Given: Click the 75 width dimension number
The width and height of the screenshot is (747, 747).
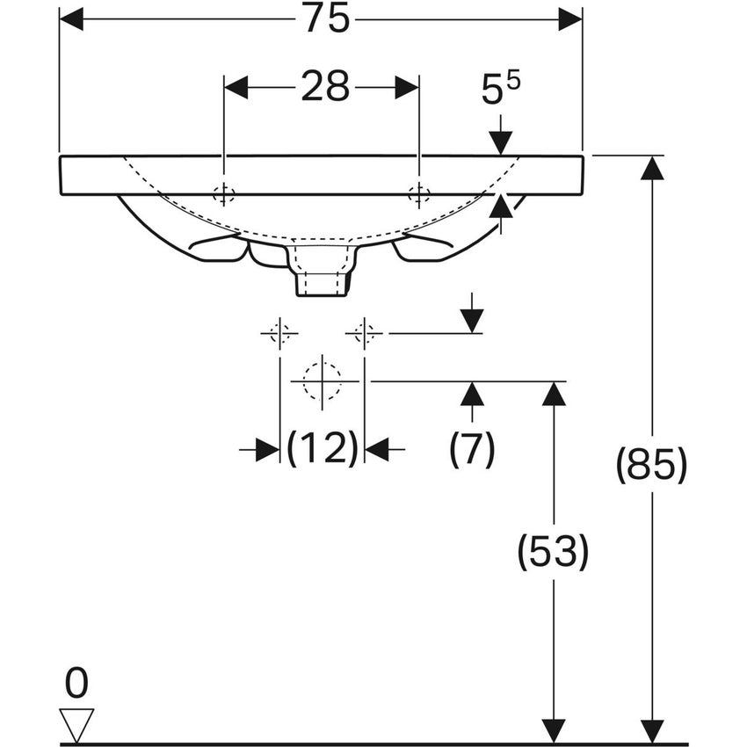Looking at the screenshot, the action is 327,19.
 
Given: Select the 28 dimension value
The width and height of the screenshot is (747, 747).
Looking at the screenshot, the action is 325,87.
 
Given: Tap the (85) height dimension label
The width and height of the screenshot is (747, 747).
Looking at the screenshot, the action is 652,465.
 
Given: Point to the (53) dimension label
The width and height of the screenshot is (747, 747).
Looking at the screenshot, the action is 553,552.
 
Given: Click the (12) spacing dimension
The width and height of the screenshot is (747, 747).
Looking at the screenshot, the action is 322,448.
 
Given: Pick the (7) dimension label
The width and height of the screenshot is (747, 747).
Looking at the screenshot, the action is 472,448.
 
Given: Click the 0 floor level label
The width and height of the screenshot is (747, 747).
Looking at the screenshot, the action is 76,683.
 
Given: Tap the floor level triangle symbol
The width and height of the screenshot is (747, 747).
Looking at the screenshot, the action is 76,726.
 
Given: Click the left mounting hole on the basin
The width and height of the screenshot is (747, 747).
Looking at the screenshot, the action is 223,194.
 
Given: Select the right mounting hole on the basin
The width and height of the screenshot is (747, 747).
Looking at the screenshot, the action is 419,194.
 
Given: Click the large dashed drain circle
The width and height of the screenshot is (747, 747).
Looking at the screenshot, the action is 323,381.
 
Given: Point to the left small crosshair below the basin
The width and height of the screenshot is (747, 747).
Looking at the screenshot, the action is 279,333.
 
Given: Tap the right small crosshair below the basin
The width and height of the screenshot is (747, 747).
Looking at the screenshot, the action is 365,333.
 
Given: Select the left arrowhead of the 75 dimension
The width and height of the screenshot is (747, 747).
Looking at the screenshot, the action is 71,19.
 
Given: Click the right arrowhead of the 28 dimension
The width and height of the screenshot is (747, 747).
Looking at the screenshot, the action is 407,88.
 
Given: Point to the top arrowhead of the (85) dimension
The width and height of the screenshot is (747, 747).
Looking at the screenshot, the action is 652,168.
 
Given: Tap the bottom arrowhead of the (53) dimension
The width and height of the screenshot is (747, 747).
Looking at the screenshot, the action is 554,731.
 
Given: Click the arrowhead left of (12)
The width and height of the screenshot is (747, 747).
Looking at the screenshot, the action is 267,449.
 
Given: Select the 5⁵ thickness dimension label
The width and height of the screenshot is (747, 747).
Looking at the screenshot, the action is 501,88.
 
